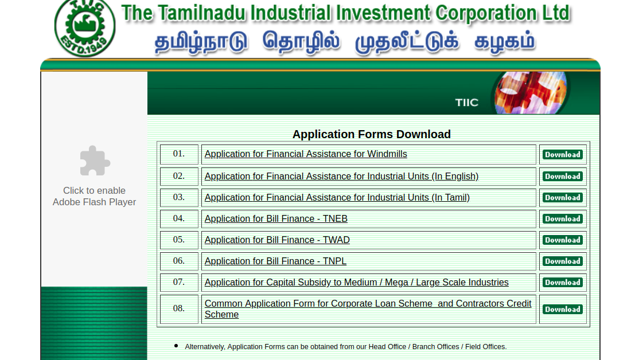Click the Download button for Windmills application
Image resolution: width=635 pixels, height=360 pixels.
562,154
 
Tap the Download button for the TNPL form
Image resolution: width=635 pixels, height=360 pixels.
562,261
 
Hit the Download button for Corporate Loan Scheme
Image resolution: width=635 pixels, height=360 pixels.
562,309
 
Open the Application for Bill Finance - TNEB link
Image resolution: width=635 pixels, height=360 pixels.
276,218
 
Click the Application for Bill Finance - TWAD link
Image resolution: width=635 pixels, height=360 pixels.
277,240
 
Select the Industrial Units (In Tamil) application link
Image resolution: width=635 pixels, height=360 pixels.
337,197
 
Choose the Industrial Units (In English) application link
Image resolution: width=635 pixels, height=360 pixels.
341,176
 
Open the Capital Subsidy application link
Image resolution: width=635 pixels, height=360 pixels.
356,282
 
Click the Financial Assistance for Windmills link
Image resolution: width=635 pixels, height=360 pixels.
306,154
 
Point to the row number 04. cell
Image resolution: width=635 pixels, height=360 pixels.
179,218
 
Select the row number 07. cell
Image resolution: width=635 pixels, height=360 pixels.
179,282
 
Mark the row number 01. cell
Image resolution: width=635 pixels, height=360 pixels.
179,154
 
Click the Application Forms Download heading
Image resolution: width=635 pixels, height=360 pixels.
371,134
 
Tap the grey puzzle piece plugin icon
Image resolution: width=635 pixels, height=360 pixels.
95,161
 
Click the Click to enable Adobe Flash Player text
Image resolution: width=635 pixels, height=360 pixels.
94,196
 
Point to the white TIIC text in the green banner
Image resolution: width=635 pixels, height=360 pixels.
466,103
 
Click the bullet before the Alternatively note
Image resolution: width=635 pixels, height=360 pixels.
176,346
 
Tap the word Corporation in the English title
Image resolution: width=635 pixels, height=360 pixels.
488,13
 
